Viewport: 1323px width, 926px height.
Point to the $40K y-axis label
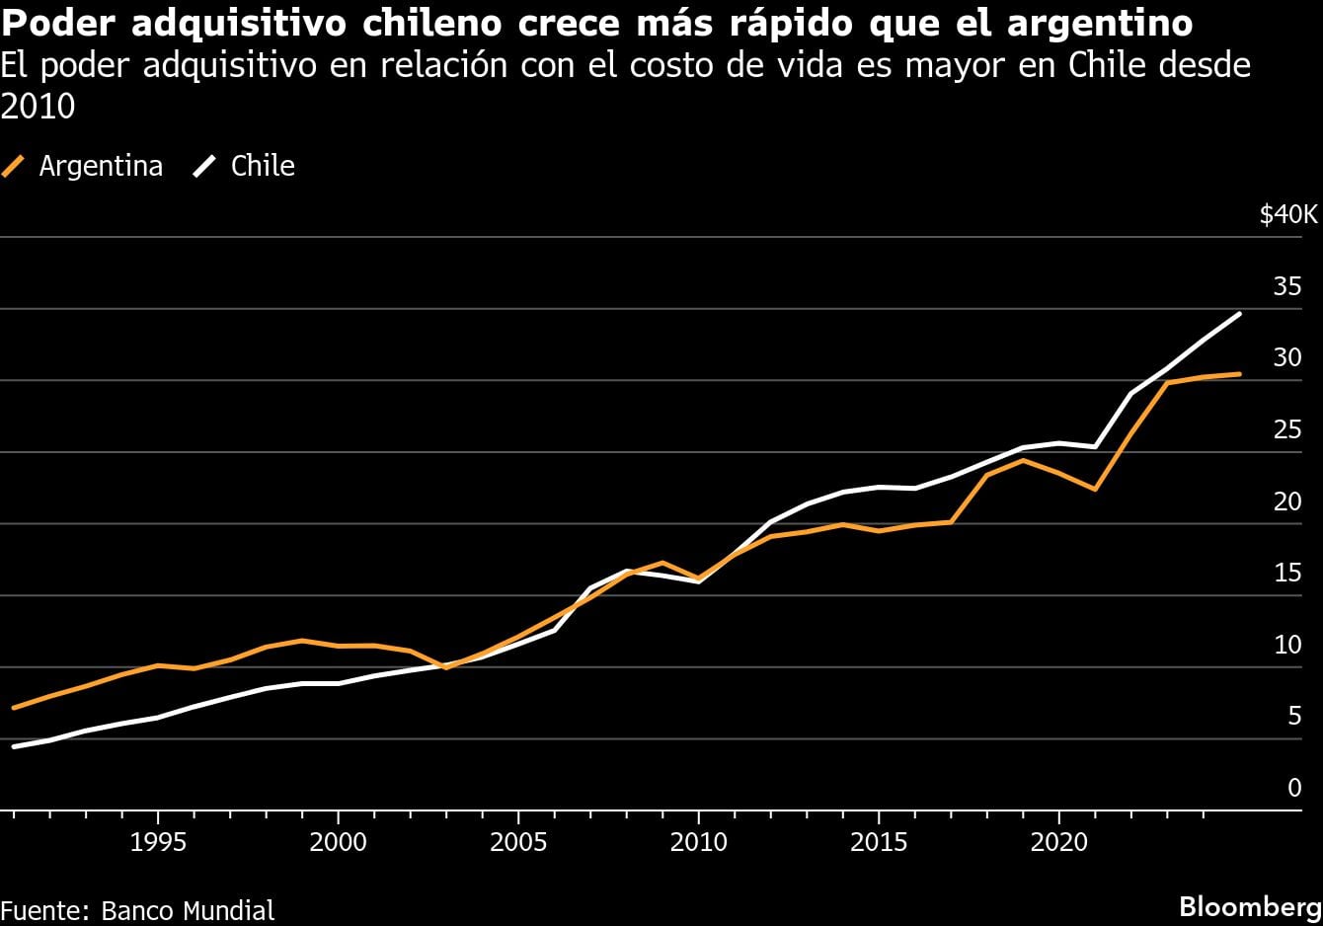1288,215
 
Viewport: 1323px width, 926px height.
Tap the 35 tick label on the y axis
1287,287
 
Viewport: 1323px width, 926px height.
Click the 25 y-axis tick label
1287,430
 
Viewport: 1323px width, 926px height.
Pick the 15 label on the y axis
1287,574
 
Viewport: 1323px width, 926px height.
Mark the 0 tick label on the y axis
1294,788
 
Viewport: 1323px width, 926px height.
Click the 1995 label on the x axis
158,843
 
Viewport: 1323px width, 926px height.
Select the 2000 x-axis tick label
338,843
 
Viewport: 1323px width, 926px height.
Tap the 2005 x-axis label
518,843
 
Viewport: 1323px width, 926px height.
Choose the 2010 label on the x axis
698,843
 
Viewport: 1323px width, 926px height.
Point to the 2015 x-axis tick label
879,843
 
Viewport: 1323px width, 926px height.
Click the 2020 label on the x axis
1058,843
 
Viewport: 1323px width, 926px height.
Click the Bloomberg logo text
1251,906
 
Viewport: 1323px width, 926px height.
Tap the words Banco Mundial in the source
188,910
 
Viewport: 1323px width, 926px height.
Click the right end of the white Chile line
1239,314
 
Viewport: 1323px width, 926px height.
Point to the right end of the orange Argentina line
1239,374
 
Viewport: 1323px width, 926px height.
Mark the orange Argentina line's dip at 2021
1095,489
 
